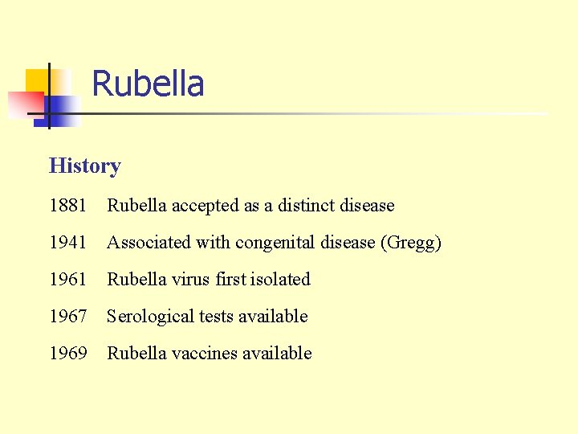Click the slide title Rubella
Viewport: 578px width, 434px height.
click(148, 84)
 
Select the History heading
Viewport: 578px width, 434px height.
click(84, 166)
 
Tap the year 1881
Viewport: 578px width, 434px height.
click(68, 206)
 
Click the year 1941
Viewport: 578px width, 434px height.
click(68, 243)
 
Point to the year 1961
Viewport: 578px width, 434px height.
click(68, 280)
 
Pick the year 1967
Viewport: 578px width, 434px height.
click(68, 317)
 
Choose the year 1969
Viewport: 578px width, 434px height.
click(68, 354)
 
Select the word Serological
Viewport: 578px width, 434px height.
click(150, 317)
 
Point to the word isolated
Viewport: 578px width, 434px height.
click(280, 280)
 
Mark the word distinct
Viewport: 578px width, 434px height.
click(307, 206)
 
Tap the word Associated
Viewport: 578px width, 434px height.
click(147, 243)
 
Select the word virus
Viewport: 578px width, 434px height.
click(193, 280)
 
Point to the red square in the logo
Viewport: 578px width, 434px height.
click(24, 103)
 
